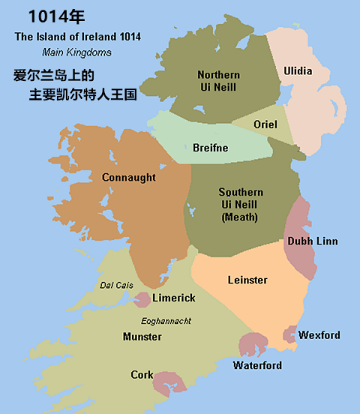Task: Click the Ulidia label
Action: click(298, 71)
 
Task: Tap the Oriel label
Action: click(265, 124)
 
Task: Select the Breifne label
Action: click(210, 148)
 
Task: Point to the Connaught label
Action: click(128, 178)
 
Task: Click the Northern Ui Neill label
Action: click(219, 81)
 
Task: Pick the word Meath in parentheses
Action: click(240, 217)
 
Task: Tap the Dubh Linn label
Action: click(312, 241)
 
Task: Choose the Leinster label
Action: click(247, 280)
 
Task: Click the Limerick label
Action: click(173, 298)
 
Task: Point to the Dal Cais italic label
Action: click(116, 285)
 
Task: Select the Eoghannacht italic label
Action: click(166, 321)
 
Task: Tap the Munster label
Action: click(142, 337)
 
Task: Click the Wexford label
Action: click(319, 335)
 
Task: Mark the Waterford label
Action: click(257, 366)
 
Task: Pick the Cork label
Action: click(142, 375)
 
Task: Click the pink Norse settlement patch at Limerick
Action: click(141, 300)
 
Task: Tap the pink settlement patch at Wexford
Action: click(289, 334)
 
